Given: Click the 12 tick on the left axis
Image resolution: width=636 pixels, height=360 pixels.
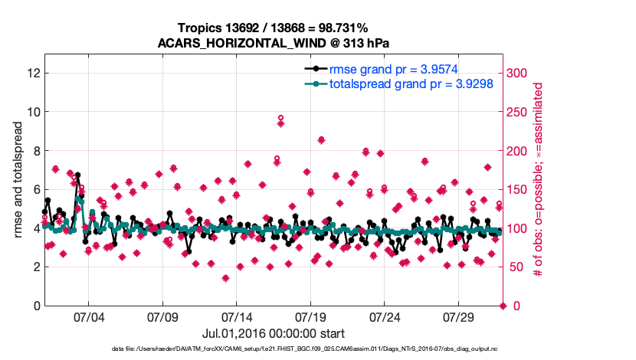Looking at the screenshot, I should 31,73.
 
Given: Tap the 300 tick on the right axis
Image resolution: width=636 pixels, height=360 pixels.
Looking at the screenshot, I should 519,73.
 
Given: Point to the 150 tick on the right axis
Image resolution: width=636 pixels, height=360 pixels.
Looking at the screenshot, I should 519,189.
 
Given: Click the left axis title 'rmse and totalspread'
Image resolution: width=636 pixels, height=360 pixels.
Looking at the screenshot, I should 18,180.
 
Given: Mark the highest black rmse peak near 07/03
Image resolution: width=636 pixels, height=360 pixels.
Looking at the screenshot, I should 77,175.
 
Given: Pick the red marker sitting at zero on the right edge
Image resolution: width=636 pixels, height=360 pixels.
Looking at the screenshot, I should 503,306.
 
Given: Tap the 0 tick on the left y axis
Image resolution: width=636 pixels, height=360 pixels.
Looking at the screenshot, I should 35,306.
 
